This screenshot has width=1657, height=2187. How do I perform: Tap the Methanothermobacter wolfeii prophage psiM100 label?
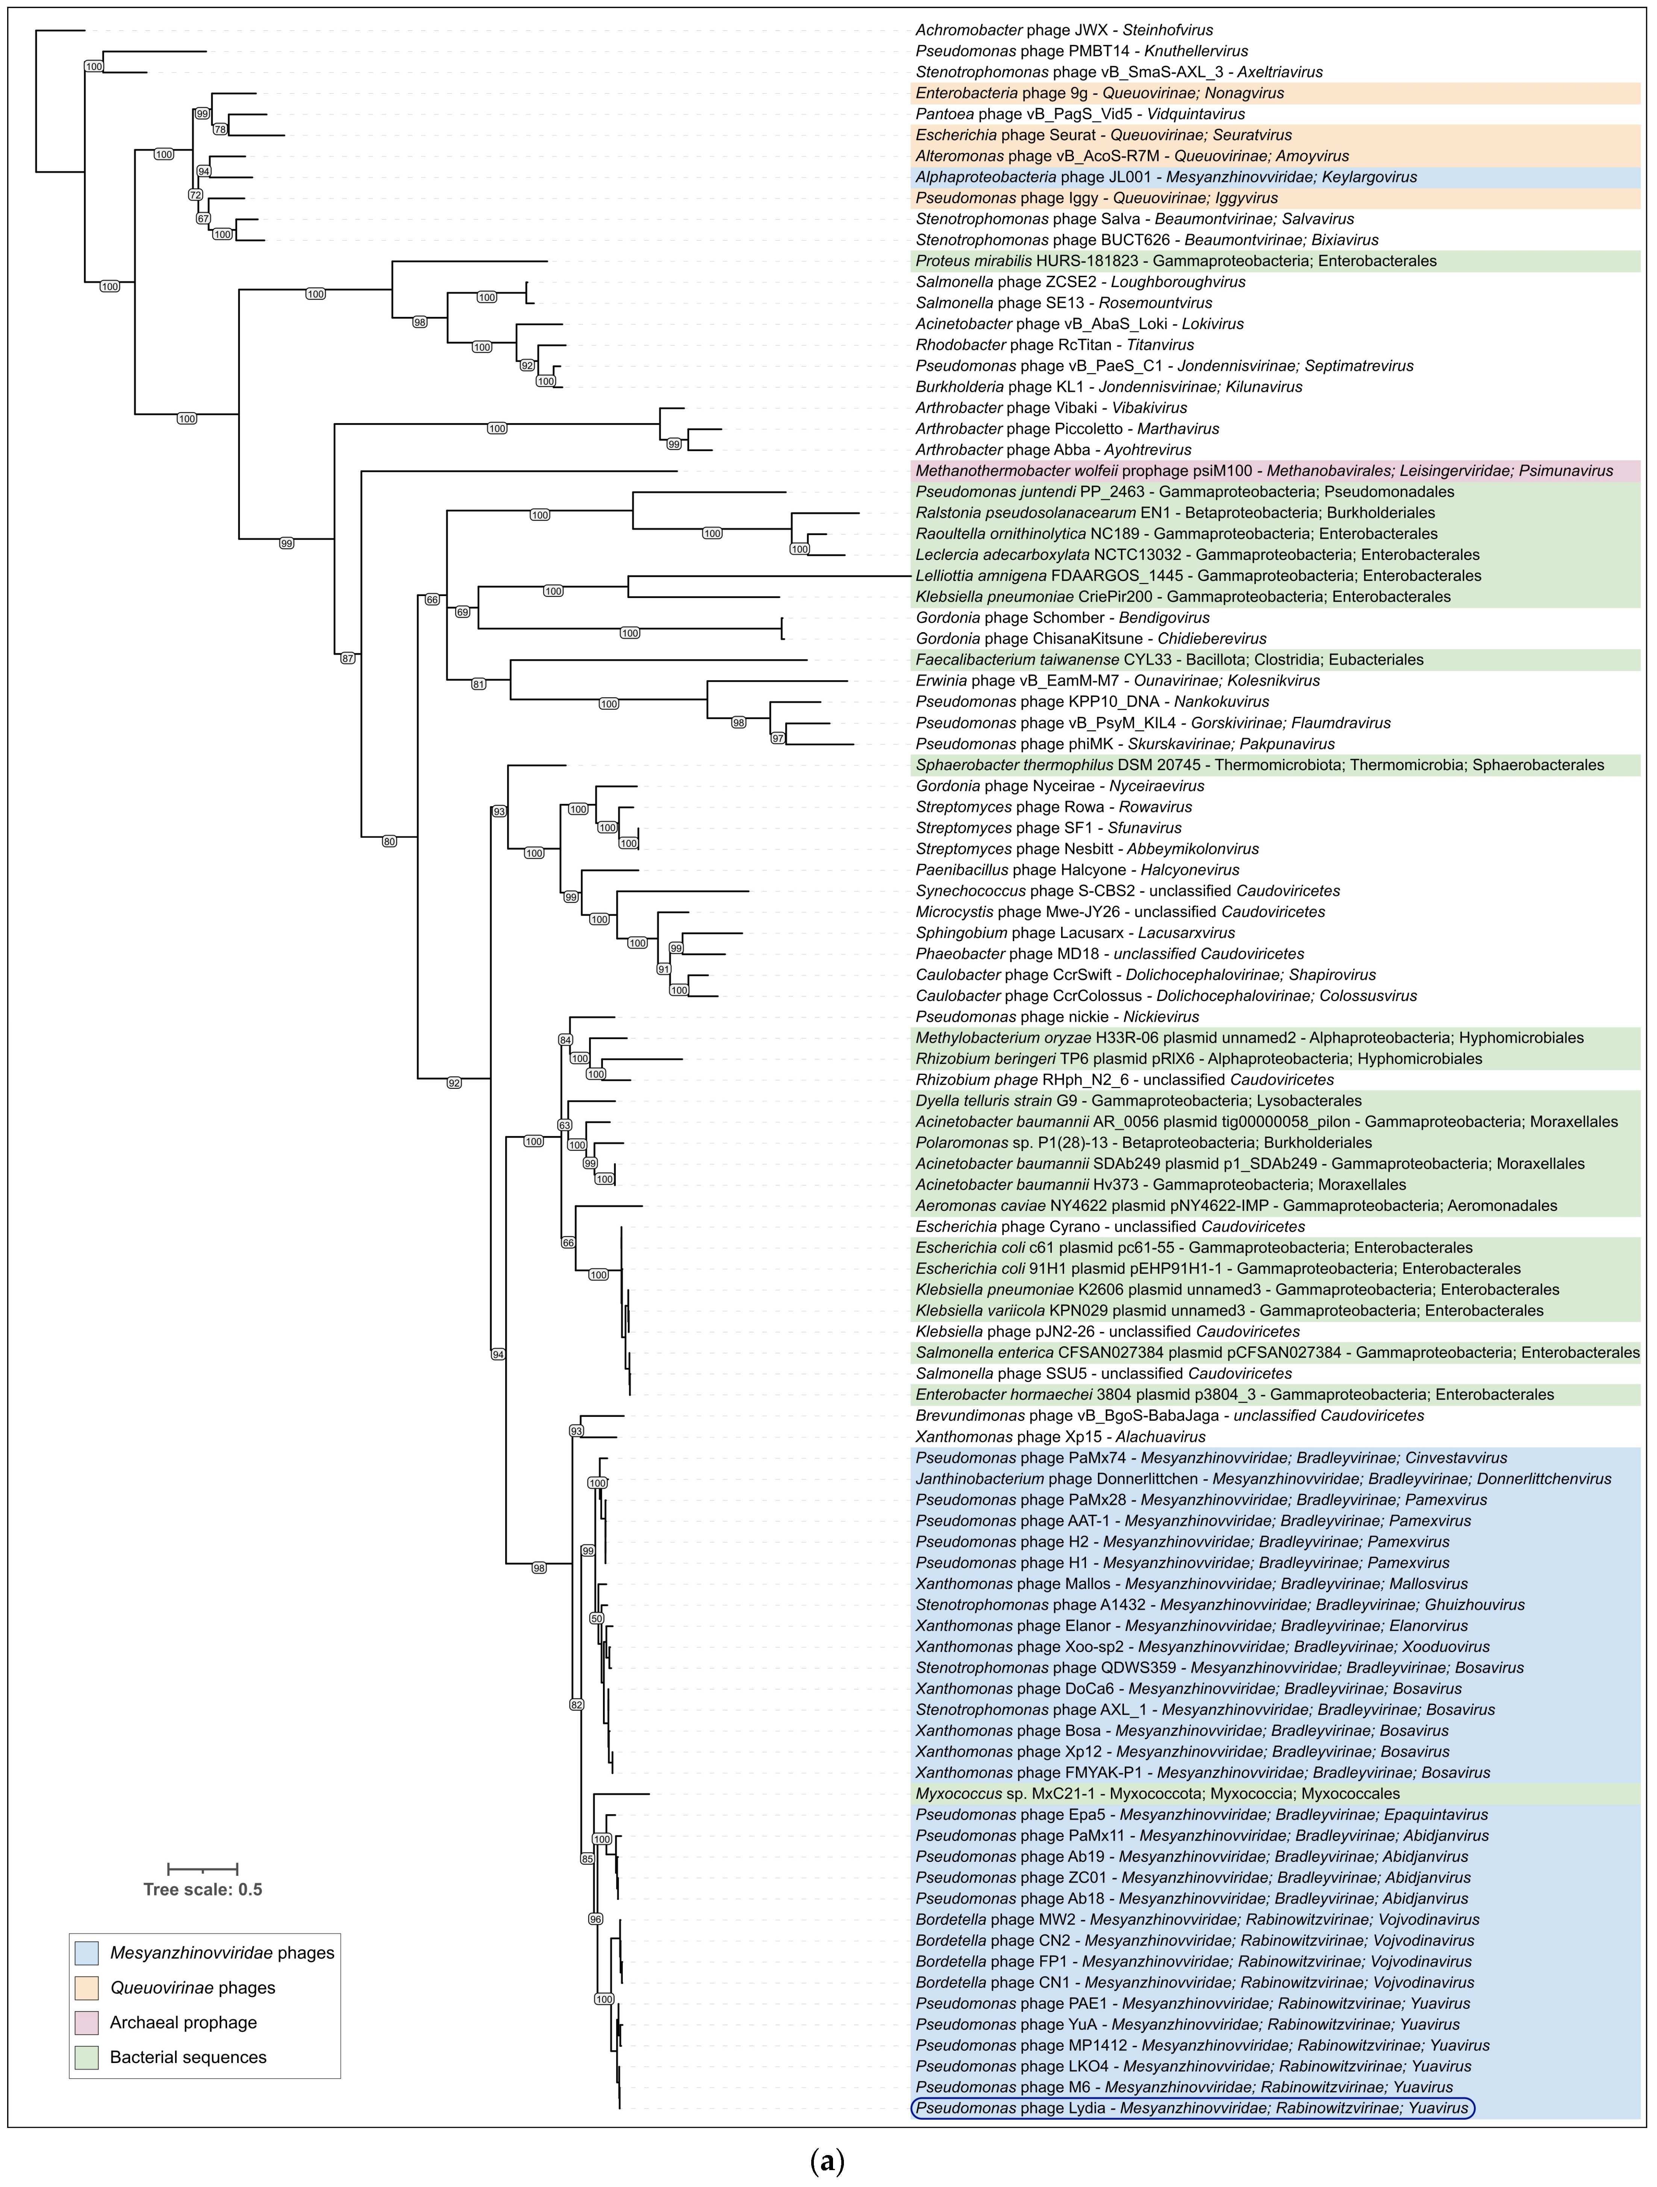[x=1263, y=471]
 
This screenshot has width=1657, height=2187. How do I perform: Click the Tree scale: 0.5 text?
[x=203, y=1889]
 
